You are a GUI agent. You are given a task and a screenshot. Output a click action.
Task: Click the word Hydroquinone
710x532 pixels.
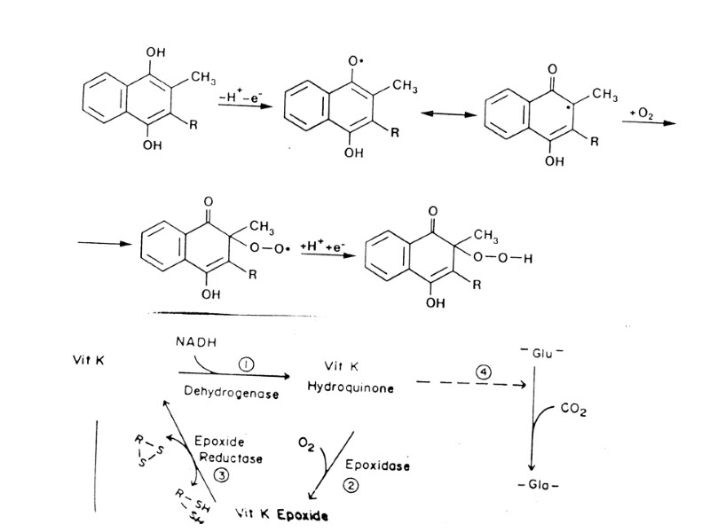click(x=343, y=387)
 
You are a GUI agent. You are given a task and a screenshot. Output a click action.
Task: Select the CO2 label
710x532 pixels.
click(x=574, y=411)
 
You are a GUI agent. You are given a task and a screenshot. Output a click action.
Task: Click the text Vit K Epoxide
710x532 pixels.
click(x=281, y=513)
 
